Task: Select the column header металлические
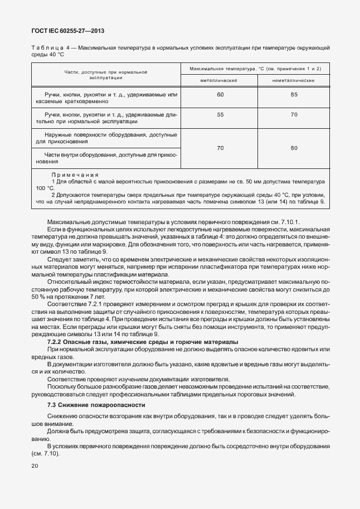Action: click(x=220, y=81)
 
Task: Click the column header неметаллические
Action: click(x=293, y=81)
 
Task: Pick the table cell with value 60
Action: click(x=220, y=95)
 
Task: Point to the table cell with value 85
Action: click(x=294, y=95)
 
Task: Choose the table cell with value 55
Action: click(x=220, y=114)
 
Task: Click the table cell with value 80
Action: click(x=294, y=148)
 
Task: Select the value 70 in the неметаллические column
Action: click(x=294, y=114)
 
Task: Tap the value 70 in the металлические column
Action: click(x=220, y=148)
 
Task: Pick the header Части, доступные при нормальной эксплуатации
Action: click(x=105, y=75)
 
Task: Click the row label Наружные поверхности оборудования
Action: click(x=105, y=138)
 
